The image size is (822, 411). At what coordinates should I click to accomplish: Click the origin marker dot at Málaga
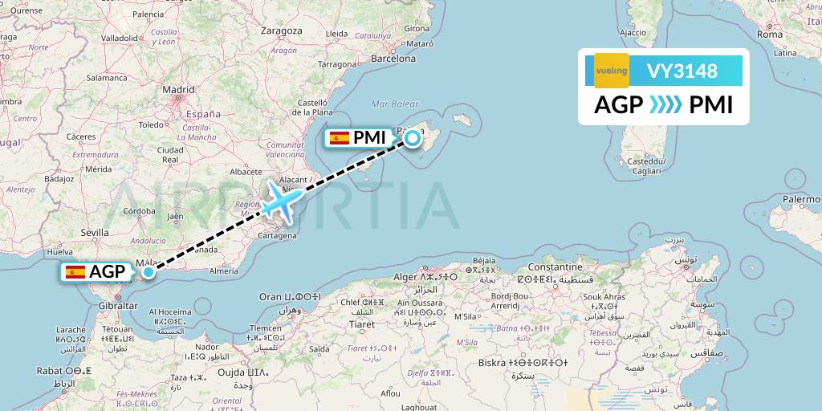coord(149,272)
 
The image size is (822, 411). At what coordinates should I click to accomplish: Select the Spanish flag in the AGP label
coord(76,272)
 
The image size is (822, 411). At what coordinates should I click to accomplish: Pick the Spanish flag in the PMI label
coord(340,138)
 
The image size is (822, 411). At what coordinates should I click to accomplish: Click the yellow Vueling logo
coord(611,71)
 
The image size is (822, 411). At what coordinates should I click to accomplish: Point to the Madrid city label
coord(178,90)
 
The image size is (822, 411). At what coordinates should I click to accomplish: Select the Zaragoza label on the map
coord(282,31)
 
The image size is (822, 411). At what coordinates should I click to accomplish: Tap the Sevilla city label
coord(94,232)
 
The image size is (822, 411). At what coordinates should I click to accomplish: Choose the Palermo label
coord(802,197)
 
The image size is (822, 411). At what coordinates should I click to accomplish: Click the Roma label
coord(769,35)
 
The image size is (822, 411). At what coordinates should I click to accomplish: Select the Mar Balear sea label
coord(396,104)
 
